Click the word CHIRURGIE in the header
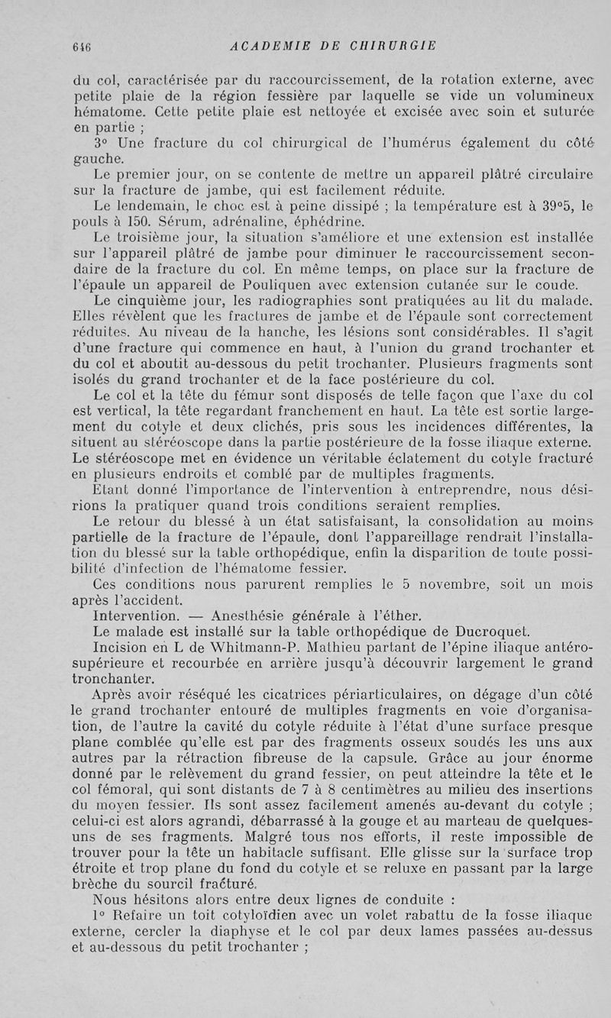(x=392, y=45)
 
